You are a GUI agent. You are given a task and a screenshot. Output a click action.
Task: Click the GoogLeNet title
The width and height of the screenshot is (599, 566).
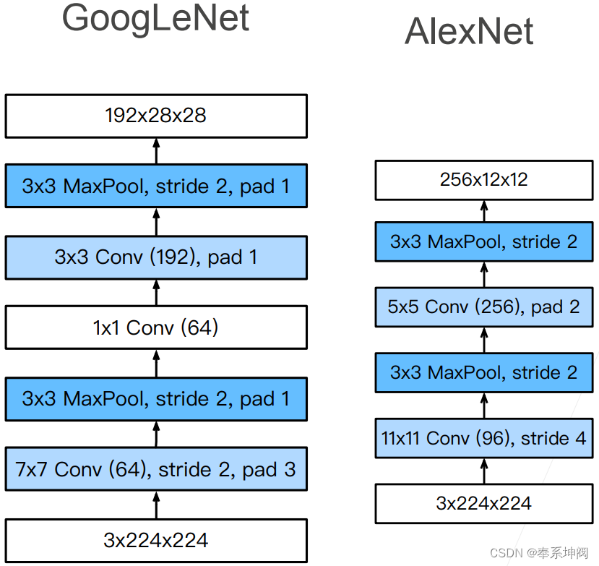pyautogui.click(x=155, y=20)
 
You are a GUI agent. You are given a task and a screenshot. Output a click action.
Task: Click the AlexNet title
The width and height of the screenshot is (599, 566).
pyautogui.click(x=469, y=32)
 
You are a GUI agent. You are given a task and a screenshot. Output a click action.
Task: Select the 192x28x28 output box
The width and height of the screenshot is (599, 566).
pyautogui.click(x=156, y=116)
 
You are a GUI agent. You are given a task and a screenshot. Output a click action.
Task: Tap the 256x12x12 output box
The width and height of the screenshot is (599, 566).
pyautogui.click(x=484, y=180)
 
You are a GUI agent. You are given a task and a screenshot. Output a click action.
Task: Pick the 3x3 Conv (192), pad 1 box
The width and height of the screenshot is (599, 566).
pyautogui.click(x=156, y=257)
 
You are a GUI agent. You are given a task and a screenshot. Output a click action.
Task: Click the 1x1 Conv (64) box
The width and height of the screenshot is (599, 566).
pyautogui.click(x=156, y=328)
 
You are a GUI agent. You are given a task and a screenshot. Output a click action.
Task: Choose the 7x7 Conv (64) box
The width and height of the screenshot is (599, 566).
pyautogui.click(x=156, y=470)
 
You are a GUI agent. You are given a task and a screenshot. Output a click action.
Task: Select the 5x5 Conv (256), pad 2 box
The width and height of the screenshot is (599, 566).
pyautogui.click(x=484, y=306)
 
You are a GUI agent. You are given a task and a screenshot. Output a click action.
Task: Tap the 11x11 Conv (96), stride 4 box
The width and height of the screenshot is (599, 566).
pyautogui.click(x=484, y=438)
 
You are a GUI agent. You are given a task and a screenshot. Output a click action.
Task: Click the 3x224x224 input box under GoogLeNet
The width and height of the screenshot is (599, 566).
pyautogui.click(x=156, y=540)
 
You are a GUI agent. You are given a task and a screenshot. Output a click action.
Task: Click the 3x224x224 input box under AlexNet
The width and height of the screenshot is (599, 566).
pyautogui.click(x=484, y=503)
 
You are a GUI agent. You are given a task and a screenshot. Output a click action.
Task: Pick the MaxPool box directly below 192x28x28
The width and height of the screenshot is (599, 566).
pyautogui.click(x=156, y=186)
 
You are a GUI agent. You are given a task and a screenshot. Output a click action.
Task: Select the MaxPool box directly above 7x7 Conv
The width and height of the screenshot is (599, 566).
pyautogui.click(x=156, y=399)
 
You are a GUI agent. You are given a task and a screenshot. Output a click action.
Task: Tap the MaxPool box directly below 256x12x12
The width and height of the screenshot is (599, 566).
pyautogui.click(x=484, y=241)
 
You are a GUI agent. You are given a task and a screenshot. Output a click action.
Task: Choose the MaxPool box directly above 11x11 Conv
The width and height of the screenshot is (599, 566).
pyautogui.click(x=484, y=372)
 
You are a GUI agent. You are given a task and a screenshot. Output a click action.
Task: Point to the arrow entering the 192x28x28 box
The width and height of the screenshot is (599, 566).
pyautogui.click(x=156, y=150)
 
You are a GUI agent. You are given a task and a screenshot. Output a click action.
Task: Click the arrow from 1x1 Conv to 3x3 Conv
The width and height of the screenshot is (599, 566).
pyautogui.click(x=156, y=293)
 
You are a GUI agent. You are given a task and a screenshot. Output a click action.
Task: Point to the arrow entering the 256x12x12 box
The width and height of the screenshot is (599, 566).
pyautogui.click(x=484, y=210)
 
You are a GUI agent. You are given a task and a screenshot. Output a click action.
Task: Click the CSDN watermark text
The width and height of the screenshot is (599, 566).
pyautogui.click(x=539, y=553)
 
